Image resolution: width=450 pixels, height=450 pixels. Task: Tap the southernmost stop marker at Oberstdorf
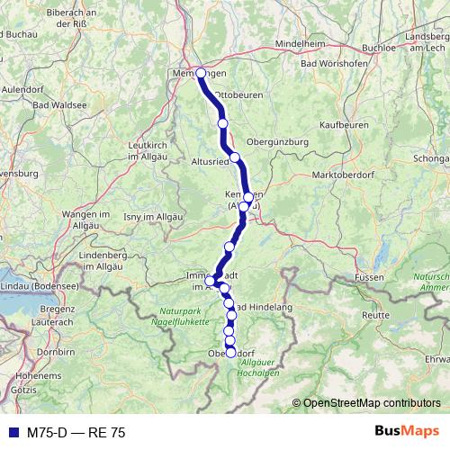pyautogui.click(x=230, y=353)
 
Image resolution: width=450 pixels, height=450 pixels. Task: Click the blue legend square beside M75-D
pyautogui.click(x=9, y=433)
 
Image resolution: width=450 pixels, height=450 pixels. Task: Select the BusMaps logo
pyautogui.click(x=408, y=432)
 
